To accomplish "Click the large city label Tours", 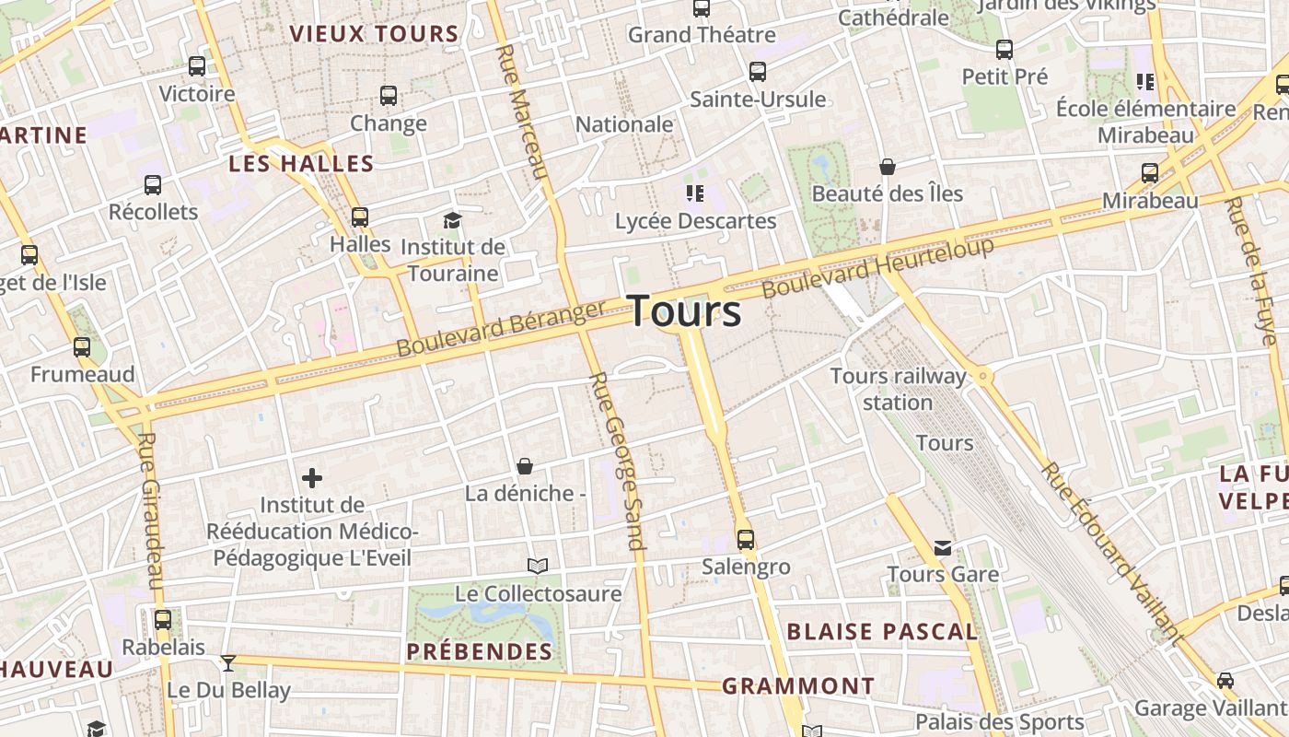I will pos(685,311).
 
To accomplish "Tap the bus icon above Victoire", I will pos(197,66).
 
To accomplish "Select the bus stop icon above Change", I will pos(389,96).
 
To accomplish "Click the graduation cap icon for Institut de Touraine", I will pos(452,220).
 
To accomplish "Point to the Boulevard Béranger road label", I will pos(501,328).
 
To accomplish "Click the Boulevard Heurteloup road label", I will pos(878,266).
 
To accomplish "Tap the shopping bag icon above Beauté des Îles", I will pos(888,167).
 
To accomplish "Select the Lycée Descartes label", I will pos(695,221).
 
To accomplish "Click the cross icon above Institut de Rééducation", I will pos(312,478).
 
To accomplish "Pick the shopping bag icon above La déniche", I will pos(525,466).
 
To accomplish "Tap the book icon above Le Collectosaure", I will pos(538,566).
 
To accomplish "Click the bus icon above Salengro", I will pos(746,540).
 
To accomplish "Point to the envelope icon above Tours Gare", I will pos(943,548).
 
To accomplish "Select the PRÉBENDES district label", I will pos(480,652).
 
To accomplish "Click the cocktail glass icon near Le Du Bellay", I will pos(228,662).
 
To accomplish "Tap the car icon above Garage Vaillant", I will pos(1225,681).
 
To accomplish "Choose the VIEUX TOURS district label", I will pos(374,35).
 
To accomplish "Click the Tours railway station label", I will pos(898,389).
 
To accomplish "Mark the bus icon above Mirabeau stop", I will pos(1150,173).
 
